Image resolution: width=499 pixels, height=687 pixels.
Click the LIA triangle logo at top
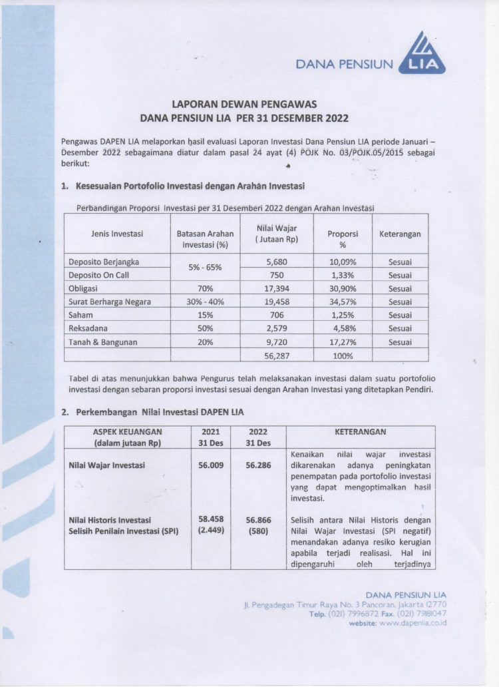click(x=422, y=55)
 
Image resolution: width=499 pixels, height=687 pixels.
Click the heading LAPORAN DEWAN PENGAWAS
click(x=244, y=105)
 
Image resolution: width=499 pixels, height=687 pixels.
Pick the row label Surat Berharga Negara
click(x=110, y=302)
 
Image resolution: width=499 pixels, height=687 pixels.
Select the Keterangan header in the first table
click(x=400, y=234)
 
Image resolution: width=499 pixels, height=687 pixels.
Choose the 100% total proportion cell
click(x=343, y=355)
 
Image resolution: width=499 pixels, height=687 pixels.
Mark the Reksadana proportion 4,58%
click(x=343, y=328)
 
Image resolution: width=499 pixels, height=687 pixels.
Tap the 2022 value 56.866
click(x=257, y=520)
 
